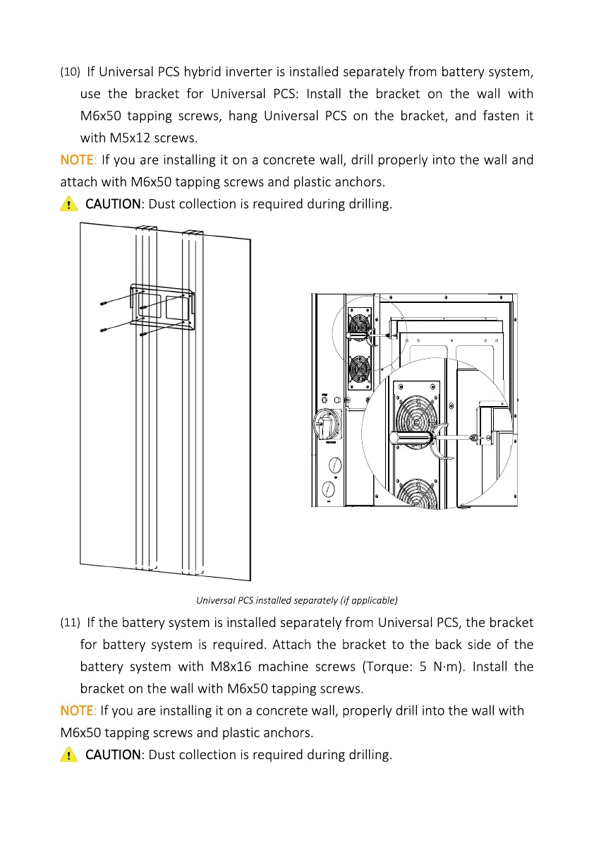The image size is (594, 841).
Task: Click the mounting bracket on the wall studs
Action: click(x=162, y=307)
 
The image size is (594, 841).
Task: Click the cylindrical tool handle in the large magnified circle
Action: click(x=413, y=438)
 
